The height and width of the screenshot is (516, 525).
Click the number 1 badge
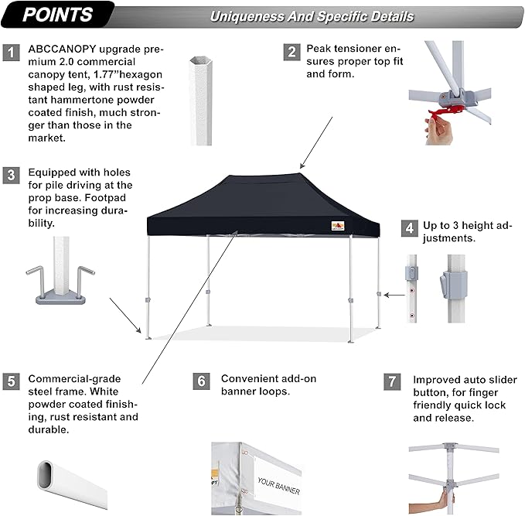(11, 53)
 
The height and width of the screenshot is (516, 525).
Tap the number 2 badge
(291, 53)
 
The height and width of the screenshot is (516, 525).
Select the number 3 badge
(11, 175)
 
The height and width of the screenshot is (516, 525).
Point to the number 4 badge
(408, 228)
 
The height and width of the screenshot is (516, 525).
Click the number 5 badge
(11, 381)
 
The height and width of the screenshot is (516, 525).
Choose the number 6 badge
(200, 381)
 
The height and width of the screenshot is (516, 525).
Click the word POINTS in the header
(57, 15)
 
